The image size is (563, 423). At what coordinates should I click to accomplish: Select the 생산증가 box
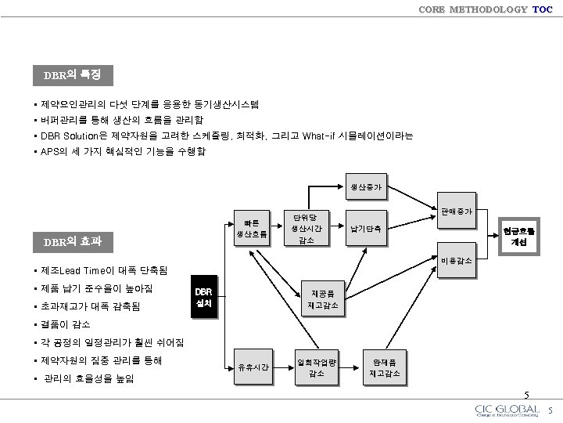pyautogui.click(x=366, y=187)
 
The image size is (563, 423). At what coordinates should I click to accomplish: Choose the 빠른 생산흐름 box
pyautogui.click(x=252, y=225)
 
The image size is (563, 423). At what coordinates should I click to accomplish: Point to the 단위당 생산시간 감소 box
pyautogui.click(x=307, y=227)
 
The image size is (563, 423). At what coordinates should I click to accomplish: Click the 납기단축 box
pyautogui.click(x=366, y=229)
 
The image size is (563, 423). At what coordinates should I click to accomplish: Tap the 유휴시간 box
pyautogui.click(x=253, y=367)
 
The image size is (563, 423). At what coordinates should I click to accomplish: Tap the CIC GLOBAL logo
pyautogui.click(x=507, y=411)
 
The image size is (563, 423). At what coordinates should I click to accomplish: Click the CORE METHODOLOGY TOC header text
pyautogui.click(x=485, y=9)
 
